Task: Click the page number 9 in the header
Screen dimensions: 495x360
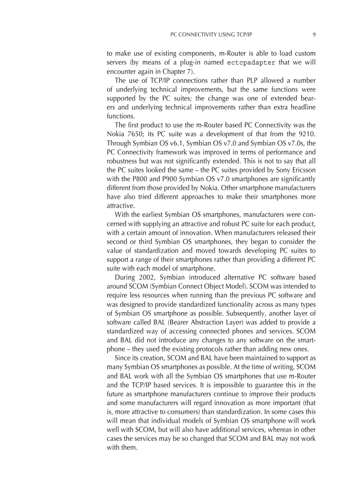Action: pos(314,34)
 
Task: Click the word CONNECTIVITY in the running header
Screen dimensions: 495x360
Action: pos(202,34)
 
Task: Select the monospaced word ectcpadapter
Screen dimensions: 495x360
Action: pos(251,62)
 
